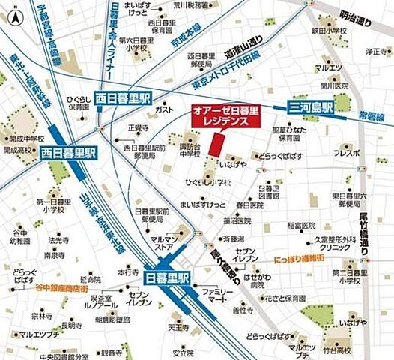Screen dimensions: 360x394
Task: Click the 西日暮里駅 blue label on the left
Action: [x=70, y=153]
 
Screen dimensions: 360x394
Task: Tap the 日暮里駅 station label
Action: [x=168, y=275]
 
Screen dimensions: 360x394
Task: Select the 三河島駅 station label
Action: [x=312, y=108]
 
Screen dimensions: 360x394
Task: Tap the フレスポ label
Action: [x=347, y=152]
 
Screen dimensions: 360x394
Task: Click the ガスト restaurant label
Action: [x=164, y=109]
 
